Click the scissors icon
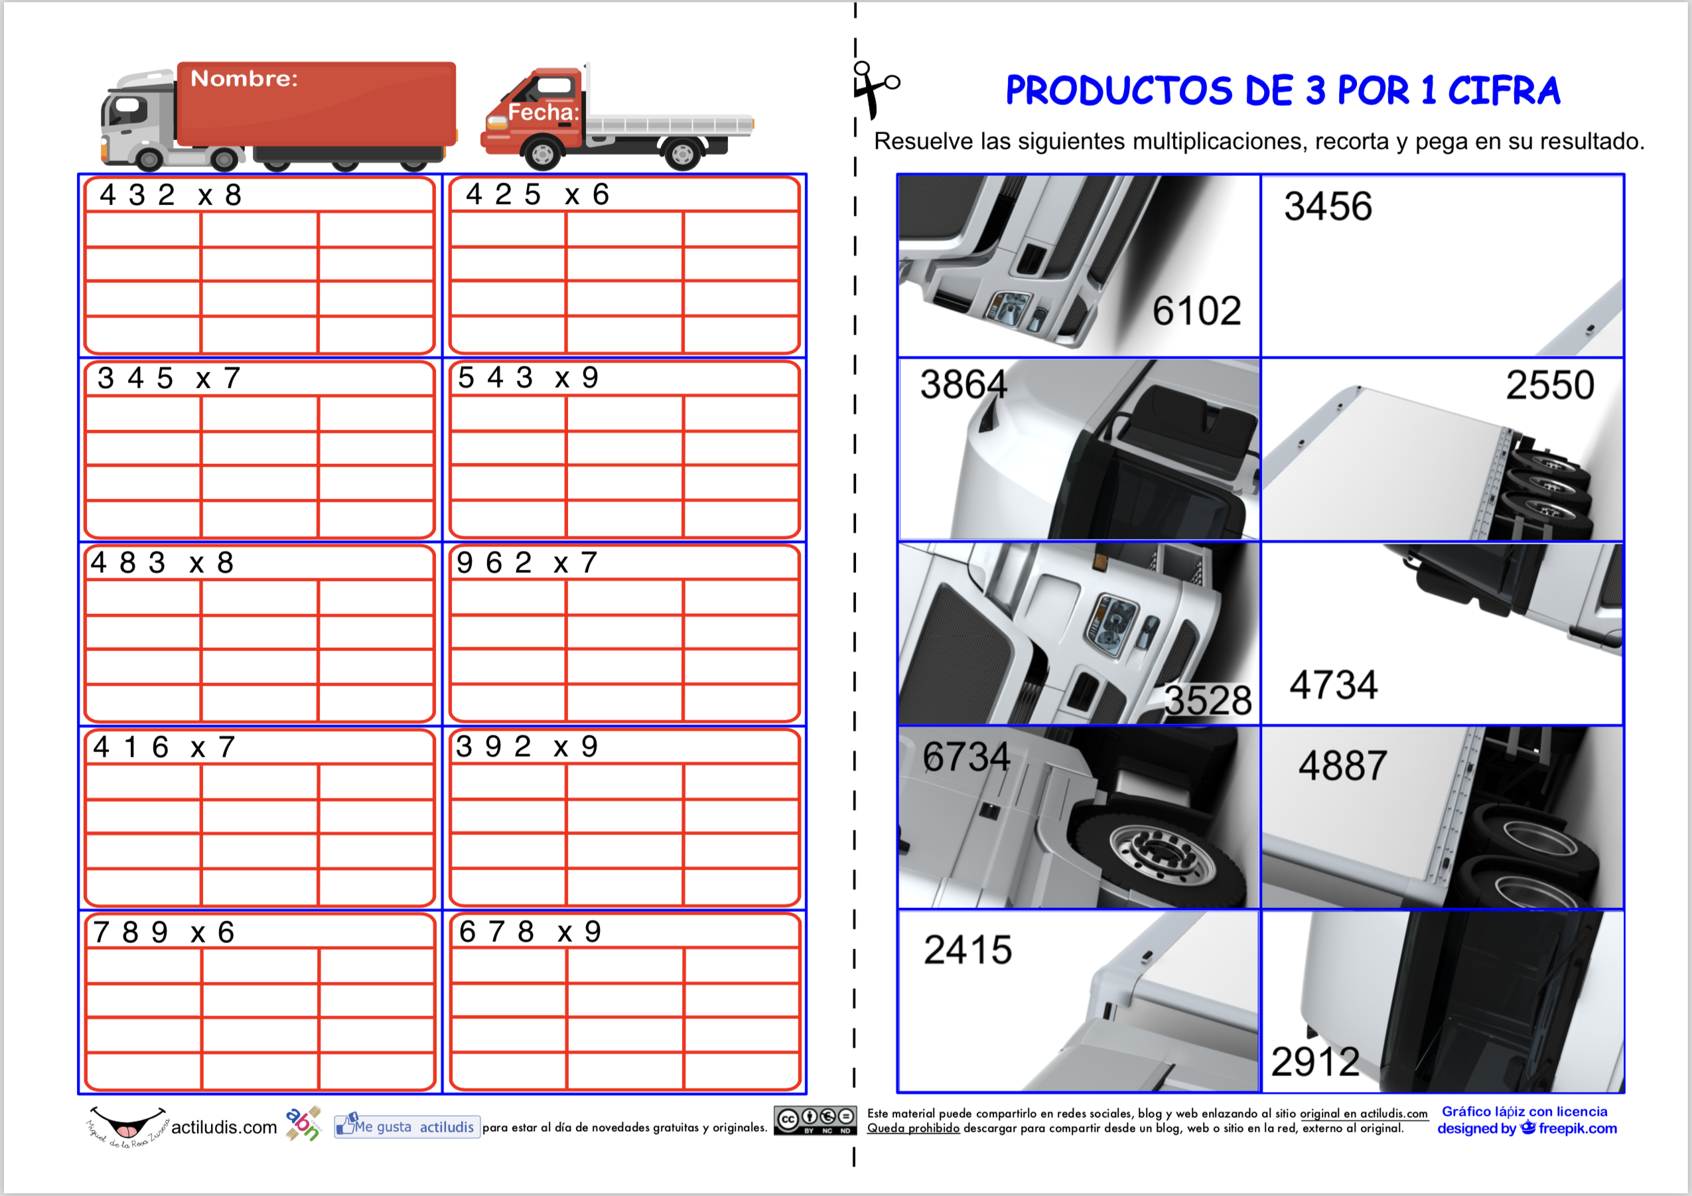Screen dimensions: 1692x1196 (875, 89)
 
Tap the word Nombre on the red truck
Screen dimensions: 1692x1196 (244, 78)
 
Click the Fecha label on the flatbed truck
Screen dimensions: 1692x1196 (543, 112)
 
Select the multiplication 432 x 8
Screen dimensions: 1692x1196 (171, 195)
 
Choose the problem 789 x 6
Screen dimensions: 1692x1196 (164, 933)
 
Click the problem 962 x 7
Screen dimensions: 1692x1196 (527, 563)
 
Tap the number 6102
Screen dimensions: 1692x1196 (1197, 310)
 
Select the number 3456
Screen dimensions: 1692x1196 (1328, 206)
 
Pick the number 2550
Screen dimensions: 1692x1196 (1550, 385)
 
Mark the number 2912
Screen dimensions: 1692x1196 (1315, 1062)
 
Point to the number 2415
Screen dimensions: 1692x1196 (967, 950)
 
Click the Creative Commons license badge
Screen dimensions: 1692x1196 (815, 1120)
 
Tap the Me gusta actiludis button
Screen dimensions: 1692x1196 (407, 1127)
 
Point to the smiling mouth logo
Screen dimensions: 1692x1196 (127, 1124)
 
